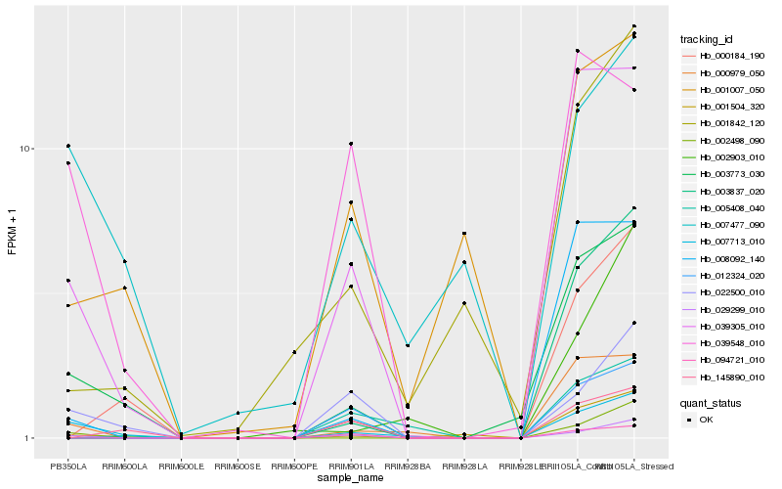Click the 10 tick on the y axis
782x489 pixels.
[x=25, y=149]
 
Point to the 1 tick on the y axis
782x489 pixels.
[x=29, y=438]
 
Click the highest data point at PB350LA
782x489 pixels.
[x=68, y=146]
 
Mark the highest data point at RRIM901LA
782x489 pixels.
[x=351, y=144]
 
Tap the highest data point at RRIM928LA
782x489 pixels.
[x=464, y=234]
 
